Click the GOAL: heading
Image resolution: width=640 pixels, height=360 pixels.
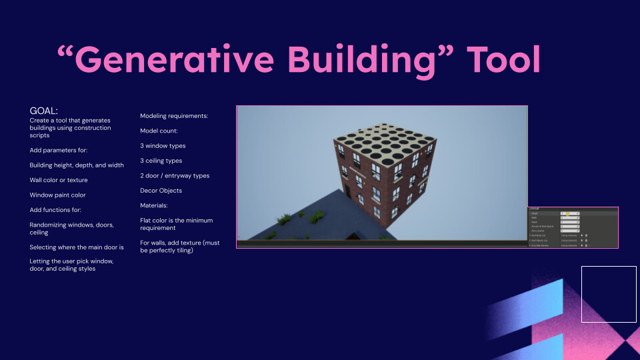pos(44,111)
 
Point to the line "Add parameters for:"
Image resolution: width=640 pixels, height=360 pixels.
pos(58,150)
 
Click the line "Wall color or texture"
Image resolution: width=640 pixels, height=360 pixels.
pos(58,180)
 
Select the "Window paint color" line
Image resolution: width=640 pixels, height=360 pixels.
pos(57,195)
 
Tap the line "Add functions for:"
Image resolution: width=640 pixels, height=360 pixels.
pos(57,210)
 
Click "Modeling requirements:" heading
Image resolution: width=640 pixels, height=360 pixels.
pos(174,116)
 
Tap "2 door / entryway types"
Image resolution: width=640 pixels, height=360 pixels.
pos(175,175)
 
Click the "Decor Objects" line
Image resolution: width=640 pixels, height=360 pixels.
pos(161,191)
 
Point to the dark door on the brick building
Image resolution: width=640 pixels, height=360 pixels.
pos(347,191)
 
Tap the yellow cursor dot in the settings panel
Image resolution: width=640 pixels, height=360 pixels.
pos(567,214)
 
